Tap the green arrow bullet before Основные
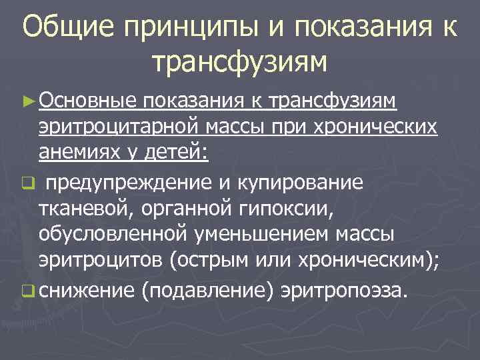(29, 101)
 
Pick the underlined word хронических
(381, 127)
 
